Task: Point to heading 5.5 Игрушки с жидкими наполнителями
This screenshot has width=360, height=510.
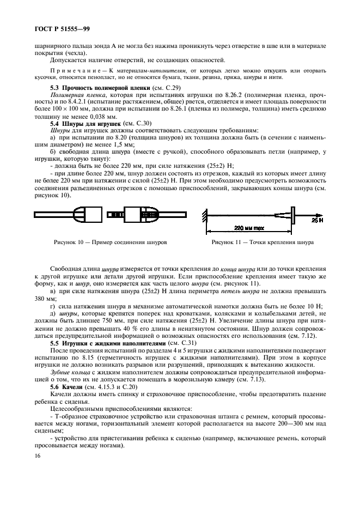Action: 103,344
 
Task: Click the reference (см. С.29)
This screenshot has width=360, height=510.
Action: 166,87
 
